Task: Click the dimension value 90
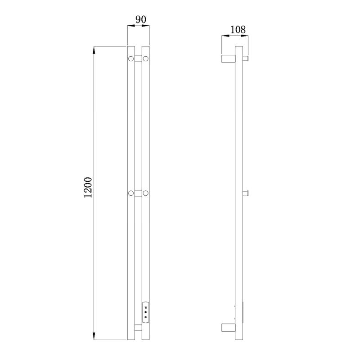click(x=141, y=20)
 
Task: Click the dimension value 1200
click(x=88, y=187)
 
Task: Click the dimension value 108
click(x=238, y=30)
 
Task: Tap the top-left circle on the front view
click(x=131, y=59)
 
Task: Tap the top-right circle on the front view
click(x=145, y=59)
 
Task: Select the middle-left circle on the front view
click(x=131, y=193)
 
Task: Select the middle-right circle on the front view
click(x=145, y=193)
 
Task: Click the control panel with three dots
click(x=145, y=313)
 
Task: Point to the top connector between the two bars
click(x=138, y=59)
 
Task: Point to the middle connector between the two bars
click(x=138, y=193)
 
